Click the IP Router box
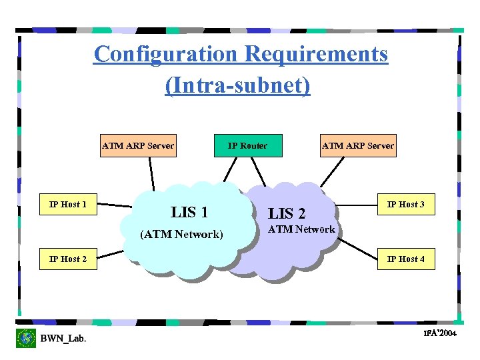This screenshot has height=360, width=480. pyautogui.click(x=247, y=146)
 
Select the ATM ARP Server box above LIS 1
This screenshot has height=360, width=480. pyautogui.click(x=138, y=146)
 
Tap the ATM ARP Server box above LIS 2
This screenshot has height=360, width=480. pyautogui.click(x=358, y=146)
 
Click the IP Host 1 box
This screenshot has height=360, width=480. pyautogui.click(x=68, y=205)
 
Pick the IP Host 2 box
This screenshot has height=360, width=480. pyautogui.click(x=68, y=259)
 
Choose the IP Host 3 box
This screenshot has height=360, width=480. pyautogui.click(x=407, y=205)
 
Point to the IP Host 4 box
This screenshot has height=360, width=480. pyautogui.click(x=407, y=259)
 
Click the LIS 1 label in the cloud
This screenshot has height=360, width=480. pyautogui.click(x=189, y=213)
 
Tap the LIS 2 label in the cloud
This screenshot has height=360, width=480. pyautogui.click(x=287, y=214)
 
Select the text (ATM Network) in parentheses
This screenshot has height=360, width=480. pyautogui.click(x=181, y=235)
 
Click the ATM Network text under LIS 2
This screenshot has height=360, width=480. pyautogui.click(x=301, y=229)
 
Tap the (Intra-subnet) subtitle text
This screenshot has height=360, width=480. pyautogui.click(x=238, y=86)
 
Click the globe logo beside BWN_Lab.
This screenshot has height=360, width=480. pyautogui.click(x=26, y=338)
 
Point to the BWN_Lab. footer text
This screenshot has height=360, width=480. pyautogui.click(x=63, y=339)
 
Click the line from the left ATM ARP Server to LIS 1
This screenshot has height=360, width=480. pyautogui.click(x=152, y=175)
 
